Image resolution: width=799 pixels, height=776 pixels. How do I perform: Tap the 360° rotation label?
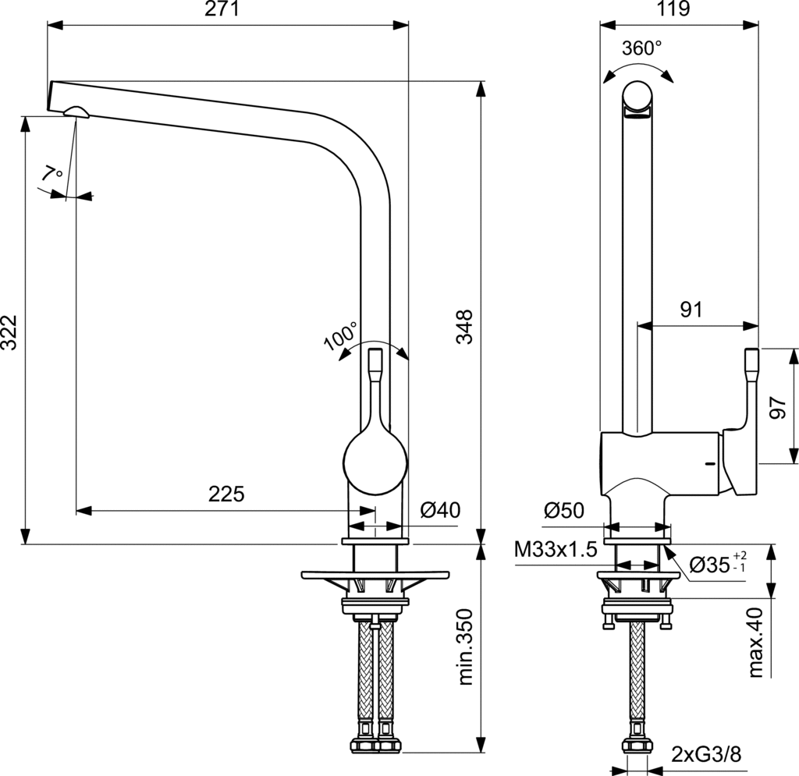[641, 48]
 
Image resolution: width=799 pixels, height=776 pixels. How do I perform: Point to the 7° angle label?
[54, 174]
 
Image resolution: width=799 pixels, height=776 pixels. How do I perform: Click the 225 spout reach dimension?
[226, 494]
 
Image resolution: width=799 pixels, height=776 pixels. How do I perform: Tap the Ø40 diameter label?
[440, 511]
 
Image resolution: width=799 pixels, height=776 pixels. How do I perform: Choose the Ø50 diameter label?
[564, 511]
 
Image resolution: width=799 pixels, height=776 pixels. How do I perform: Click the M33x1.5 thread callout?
[556, 550]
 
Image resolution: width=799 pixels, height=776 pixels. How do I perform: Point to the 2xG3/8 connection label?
[705, 754]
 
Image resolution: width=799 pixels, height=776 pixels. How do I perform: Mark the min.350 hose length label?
[466, 647]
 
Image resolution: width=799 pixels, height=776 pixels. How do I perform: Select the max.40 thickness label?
[755, 643]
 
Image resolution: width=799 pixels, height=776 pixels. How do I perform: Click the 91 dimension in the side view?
[691, 310]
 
